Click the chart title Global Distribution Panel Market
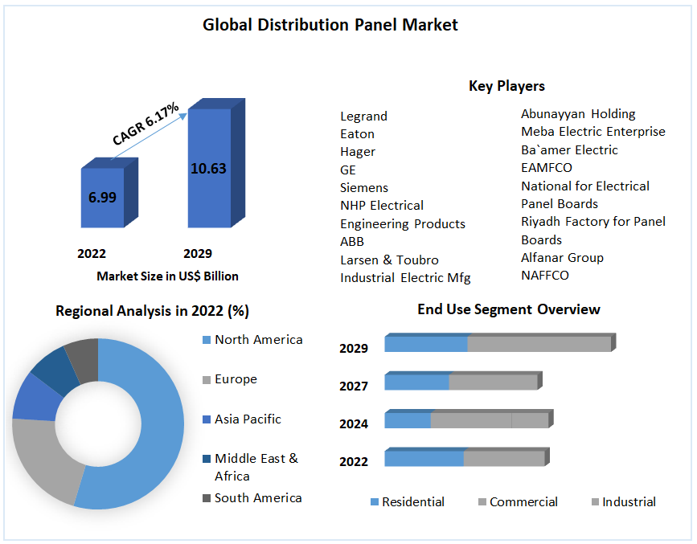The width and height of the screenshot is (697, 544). (x=330, y=25)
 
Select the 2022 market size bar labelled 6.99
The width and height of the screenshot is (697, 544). (x=102, y=197)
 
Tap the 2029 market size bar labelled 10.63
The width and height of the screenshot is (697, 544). (x=208, y=168)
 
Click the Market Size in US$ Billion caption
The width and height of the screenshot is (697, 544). (x=167, y=276)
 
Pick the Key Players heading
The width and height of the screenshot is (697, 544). (x=506, y=86)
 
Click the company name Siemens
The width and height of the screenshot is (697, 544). (x=363, y=187)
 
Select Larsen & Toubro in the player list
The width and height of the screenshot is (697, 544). (x=389, y=260)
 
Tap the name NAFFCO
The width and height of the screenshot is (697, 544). (x=544, y=275)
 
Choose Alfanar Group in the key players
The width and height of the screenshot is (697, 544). (x=562, y=257)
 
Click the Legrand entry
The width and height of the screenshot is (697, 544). (x=363, y=116)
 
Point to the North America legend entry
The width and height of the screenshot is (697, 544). (x=258, y=340)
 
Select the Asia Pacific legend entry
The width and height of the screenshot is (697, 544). (x=248, y=419)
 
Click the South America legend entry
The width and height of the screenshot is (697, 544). (x=258, y=498)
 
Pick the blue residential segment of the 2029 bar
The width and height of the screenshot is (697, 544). (x=426, y=344)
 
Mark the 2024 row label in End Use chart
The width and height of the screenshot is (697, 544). (x=354, y=423)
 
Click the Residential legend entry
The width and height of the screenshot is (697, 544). (x=412, y=502)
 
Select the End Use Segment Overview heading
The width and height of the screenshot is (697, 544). (x=508, y=309)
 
